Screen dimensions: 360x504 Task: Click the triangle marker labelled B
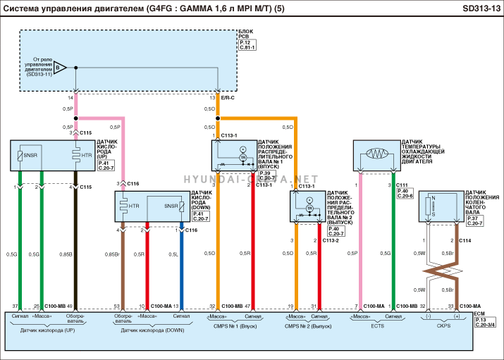[x=61, y=68]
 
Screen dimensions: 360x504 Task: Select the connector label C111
[x=402, y=184]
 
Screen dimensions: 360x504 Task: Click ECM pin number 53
[x=116, y=306]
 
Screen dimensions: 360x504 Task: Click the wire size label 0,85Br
[x=111, y=254]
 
